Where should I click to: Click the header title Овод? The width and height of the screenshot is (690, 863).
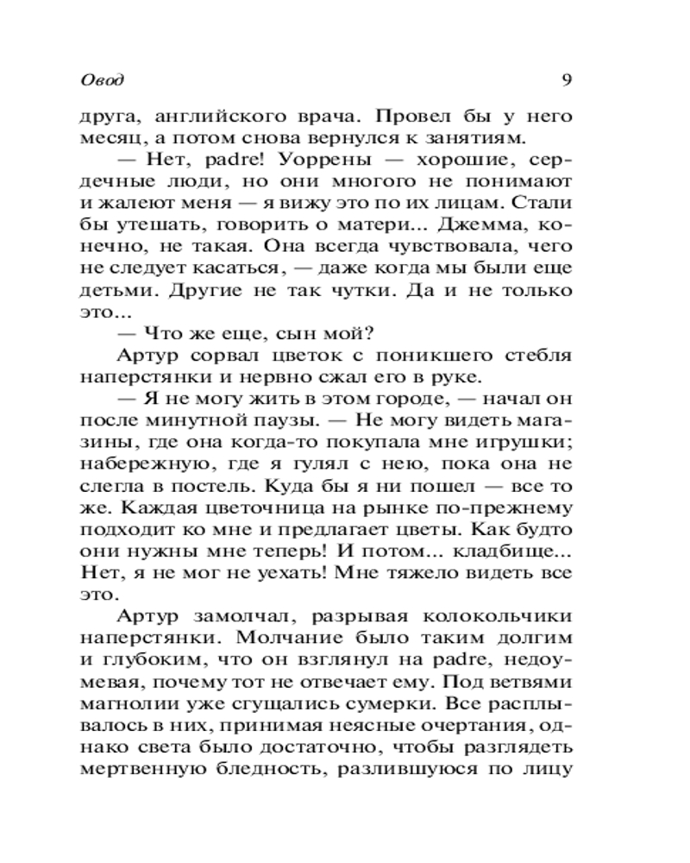tap(102, 80)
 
